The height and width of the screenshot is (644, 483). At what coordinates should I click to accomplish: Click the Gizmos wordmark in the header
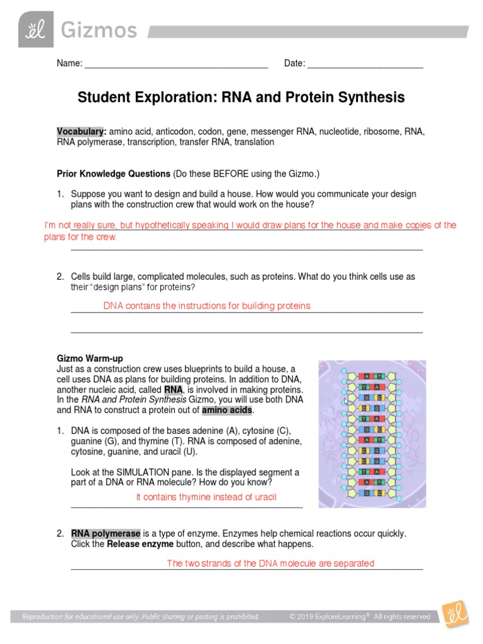(x=98, y=30)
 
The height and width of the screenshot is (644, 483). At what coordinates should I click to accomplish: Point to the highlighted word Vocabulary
(x=80, y=131)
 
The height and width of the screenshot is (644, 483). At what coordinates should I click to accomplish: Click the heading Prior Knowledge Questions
(x=114, y=173)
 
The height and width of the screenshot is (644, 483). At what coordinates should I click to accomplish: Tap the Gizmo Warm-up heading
(x=90, y=358)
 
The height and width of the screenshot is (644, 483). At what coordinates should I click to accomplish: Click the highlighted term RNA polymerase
(x=106, y=533)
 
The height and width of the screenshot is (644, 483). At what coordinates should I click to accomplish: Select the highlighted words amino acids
(x=227, y=410)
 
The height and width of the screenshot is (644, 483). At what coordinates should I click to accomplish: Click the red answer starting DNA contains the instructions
(x=207, y=306)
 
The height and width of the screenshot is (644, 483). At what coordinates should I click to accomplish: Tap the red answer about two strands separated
(x=270, y=563)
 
